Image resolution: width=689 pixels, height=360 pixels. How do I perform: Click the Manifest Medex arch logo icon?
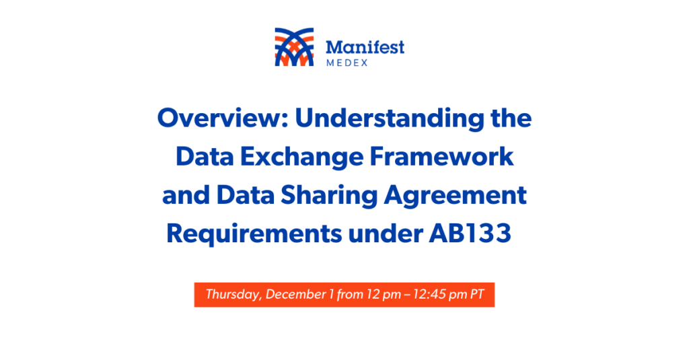[x=294, y=47]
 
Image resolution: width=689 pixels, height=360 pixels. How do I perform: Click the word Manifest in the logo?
[x=365, y=47]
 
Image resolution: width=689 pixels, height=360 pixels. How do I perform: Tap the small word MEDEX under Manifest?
[x=347, y=63]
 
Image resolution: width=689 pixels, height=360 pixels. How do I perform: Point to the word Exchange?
[x=302, y=157]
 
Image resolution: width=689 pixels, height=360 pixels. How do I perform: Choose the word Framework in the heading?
[x=441, y=157]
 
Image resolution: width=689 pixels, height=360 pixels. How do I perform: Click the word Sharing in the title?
[x=329, y=196]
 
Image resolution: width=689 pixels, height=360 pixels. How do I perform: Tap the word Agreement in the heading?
[x=456, y=196]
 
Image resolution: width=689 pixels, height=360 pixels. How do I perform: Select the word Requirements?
[x=254, y=234]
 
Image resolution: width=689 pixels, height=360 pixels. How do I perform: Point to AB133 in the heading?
[x=470, y=233]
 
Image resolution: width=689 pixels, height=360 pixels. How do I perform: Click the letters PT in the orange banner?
[x=477, y=294]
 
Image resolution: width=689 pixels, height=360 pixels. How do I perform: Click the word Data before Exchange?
[x=205, y=157]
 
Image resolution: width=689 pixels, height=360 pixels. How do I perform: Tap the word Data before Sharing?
[x=246, y=195]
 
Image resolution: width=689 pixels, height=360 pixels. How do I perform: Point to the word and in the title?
[x=186, y=195]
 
